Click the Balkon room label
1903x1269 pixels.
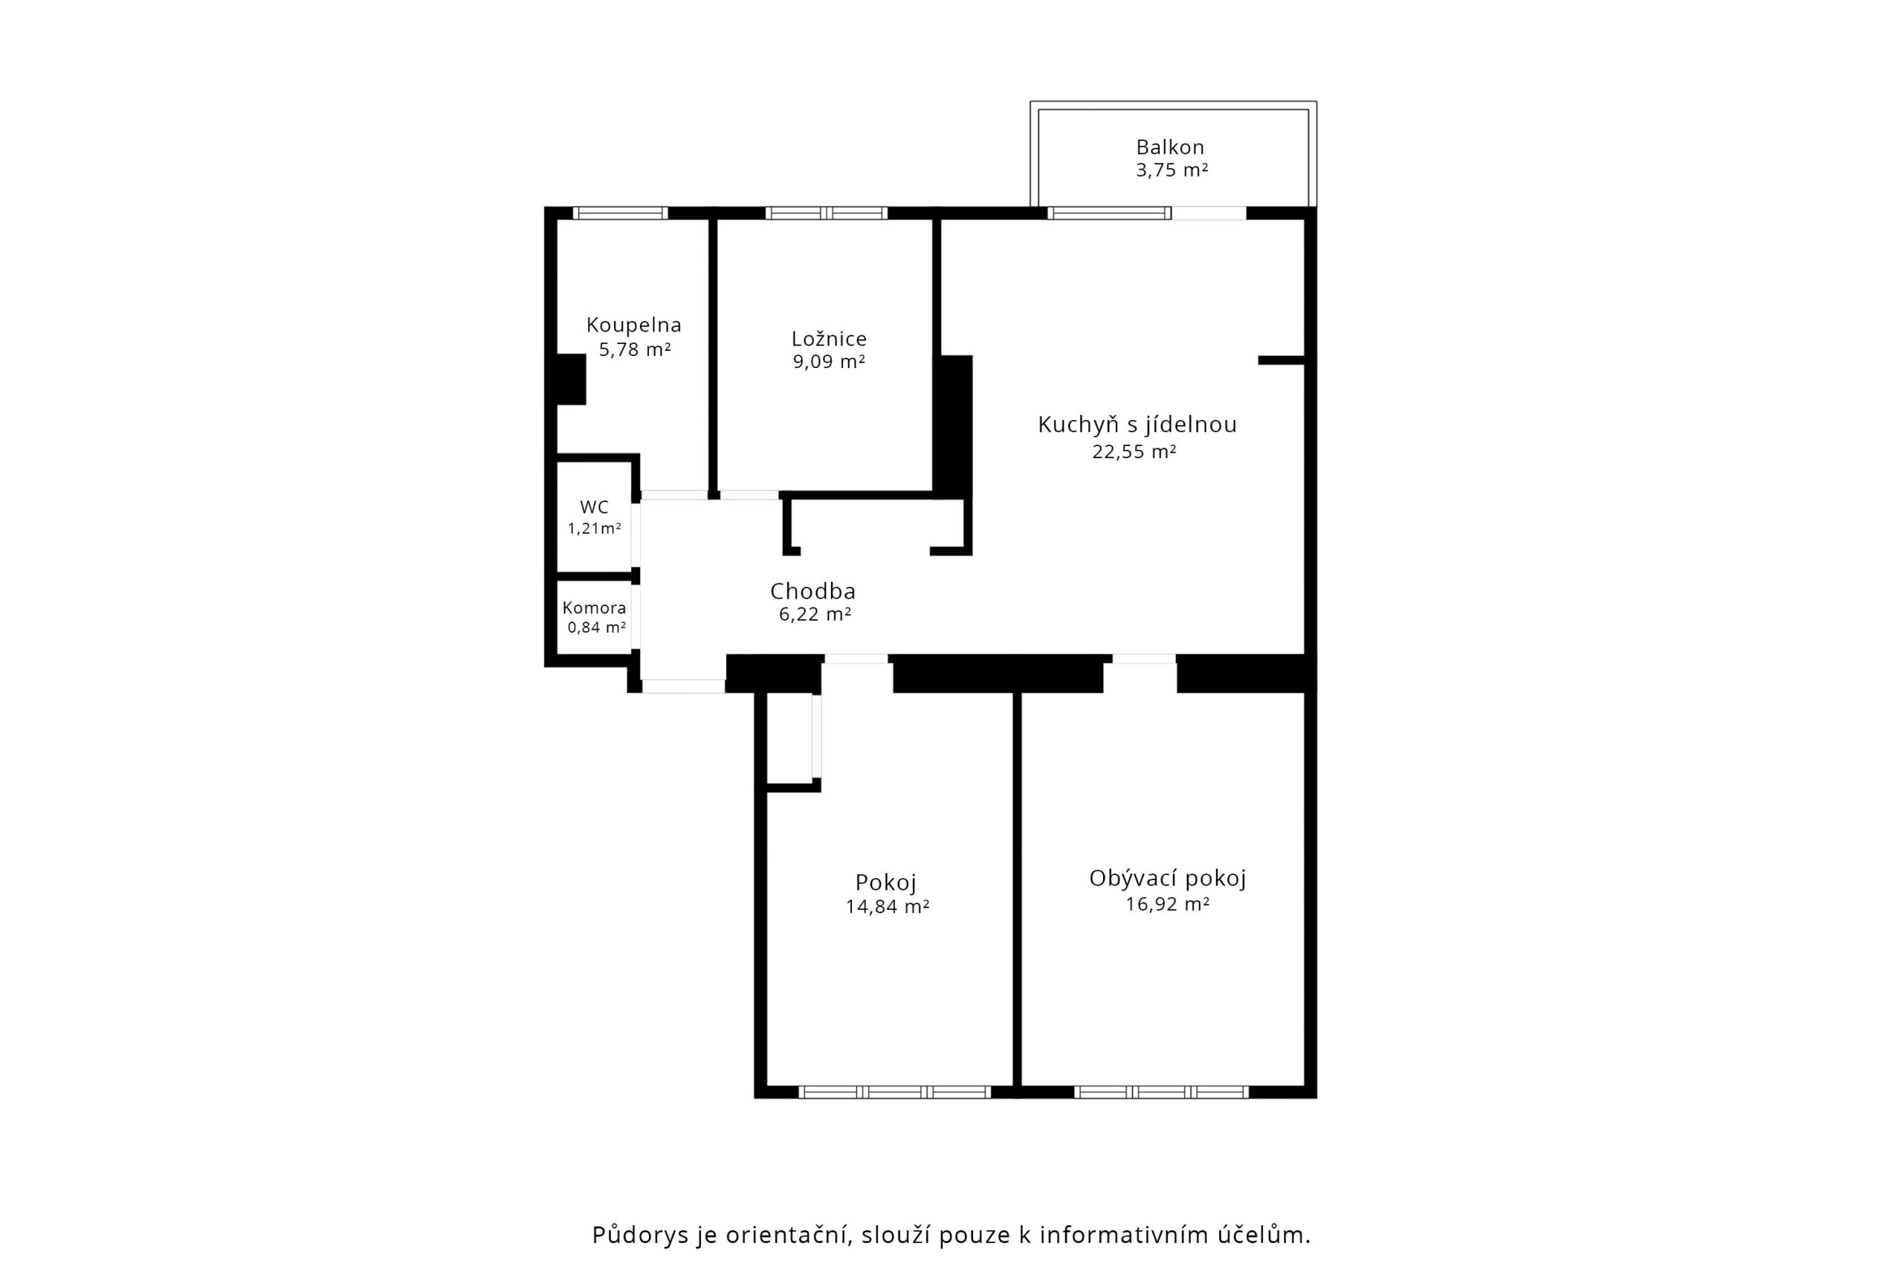(x=1170, y=147)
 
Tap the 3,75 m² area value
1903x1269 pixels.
(x=1172, y=170)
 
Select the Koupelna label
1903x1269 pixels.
(x=633, y=326)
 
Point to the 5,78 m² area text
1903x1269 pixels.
(x=634, y=349)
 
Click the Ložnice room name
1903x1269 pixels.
(x=829, y=339)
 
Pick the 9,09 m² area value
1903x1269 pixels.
(x=829, y=362)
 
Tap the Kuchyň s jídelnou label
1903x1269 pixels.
(x=1137, y=425)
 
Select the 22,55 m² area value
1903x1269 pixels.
(x=1134, y=451)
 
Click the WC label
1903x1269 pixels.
(x=594, y=508)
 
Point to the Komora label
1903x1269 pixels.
(x=594, y=608)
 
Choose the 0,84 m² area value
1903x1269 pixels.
(x=596, y=627)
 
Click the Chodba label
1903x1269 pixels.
(x=812, y=592)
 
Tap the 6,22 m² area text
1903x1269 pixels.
(x=815, y=614)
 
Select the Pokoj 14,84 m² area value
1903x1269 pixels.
(x=887, y=906)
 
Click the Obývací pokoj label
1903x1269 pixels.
(x=1168, y=878)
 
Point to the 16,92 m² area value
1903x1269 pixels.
(x=1167, y=904)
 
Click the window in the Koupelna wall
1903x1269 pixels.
(x=621, y=213)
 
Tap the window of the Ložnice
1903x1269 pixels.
(x=826, y=213)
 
